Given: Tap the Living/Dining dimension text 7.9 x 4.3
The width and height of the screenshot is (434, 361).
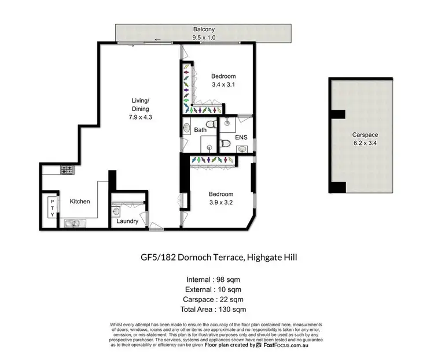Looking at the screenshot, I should point(140,117).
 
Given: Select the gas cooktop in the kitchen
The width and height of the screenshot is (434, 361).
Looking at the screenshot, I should point(67,170).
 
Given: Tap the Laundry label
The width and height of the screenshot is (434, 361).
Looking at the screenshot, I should point(127,221).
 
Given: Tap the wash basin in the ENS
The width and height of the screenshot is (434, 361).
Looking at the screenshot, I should point(243,149).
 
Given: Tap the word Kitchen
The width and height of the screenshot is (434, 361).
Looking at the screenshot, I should point(80,202).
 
